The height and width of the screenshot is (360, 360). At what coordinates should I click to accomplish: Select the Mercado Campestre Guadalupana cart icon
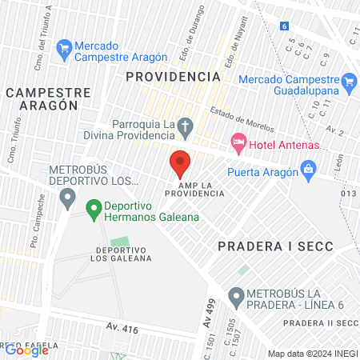click(348, 81)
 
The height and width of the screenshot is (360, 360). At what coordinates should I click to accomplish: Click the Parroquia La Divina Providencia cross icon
click(186, 126)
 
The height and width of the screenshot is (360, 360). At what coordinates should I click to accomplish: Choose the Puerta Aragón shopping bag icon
click(307, 169)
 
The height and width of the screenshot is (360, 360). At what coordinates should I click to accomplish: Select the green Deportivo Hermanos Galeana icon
click(94, 208)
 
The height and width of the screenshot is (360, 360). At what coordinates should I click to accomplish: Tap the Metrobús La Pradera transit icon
click(236, 298)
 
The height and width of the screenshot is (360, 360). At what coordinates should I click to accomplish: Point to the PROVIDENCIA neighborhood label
click(173, 76)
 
